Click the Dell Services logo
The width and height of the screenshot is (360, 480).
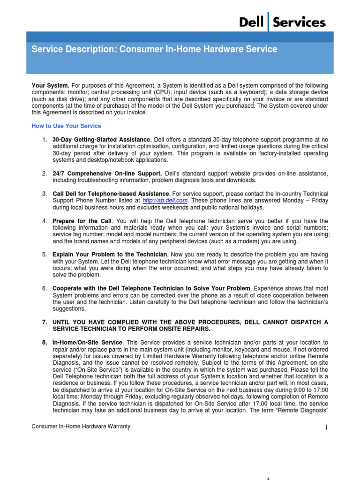coord(282,22)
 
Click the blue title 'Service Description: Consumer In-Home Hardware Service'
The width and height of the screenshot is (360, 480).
coord(154,49)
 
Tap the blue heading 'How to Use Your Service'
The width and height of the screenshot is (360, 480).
coord(66,126)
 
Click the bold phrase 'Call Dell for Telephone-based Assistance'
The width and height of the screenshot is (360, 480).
coord(111,194)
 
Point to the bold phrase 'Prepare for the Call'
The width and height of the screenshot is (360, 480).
coord(82,221)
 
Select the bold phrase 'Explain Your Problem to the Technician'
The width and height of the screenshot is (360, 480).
coord(110,255)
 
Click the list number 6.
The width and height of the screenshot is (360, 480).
coord(44,288)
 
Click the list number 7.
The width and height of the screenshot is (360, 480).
coord(44,322)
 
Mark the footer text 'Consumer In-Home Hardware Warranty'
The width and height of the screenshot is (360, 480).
coord(81,427)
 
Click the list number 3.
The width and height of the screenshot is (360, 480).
coord(44,194)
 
